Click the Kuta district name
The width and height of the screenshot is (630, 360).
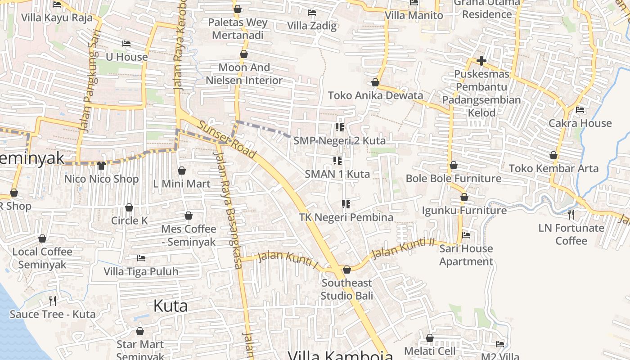pyautogui.click(x=170, y=306)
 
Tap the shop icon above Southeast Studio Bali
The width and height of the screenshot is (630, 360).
pyautogui.click(x=347, y=270)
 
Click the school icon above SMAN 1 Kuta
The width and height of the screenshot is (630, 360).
pyautogui.click(x=337, y=161)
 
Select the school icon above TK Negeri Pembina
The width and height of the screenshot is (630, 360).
pyautogui.click(x=346, y=204)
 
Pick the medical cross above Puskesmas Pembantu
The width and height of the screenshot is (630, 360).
pyautogui.click(x=481, y=61)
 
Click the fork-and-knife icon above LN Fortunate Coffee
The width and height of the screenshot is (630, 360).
pyautogui.click(x=571, y=214)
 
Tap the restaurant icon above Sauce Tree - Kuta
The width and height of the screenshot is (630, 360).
pyautogui.click(x=53, y=301)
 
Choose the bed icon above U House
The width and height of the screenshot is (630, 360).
pyautogui.click(x=126, y=44)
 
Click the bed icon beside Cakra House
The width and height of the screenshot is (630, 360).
pyautogui.click(x=580, y=109)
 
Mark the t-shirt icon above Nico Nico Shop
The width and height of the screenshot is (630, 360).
pyautogui.click(x=101, y=165)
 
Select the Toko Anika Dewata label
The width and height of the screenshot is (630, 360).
pyautogui.click(x=375, y=95)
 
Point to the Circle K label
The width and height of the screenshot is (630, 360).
pyautogui.click(x=129, y=220)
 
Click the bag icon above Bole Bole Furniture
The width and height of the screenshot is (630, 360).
pyautogui.click(x=453, y=165)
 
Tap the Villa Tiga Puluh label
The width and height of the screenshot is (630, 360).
pyautogui.click(x=141, y=271)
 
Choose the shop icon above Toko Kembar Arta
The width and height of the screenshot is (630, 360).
pyautogui.click(x=553, y=155)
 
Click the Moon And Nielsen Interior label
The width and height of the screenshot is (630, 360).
pyautogui.click(x=244, y=74)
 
